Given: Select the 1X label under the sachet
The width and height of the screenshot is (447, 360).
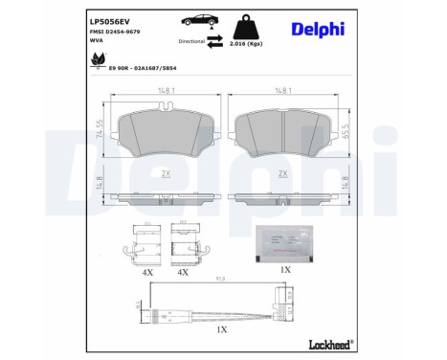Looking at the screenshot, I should coord(284,270).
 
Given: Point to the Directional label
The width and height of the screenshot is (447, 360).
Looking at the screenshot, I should coord(191,42).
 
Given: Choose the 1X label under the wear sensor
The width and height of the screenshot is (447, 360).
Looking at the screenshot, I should coord(222,328).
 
